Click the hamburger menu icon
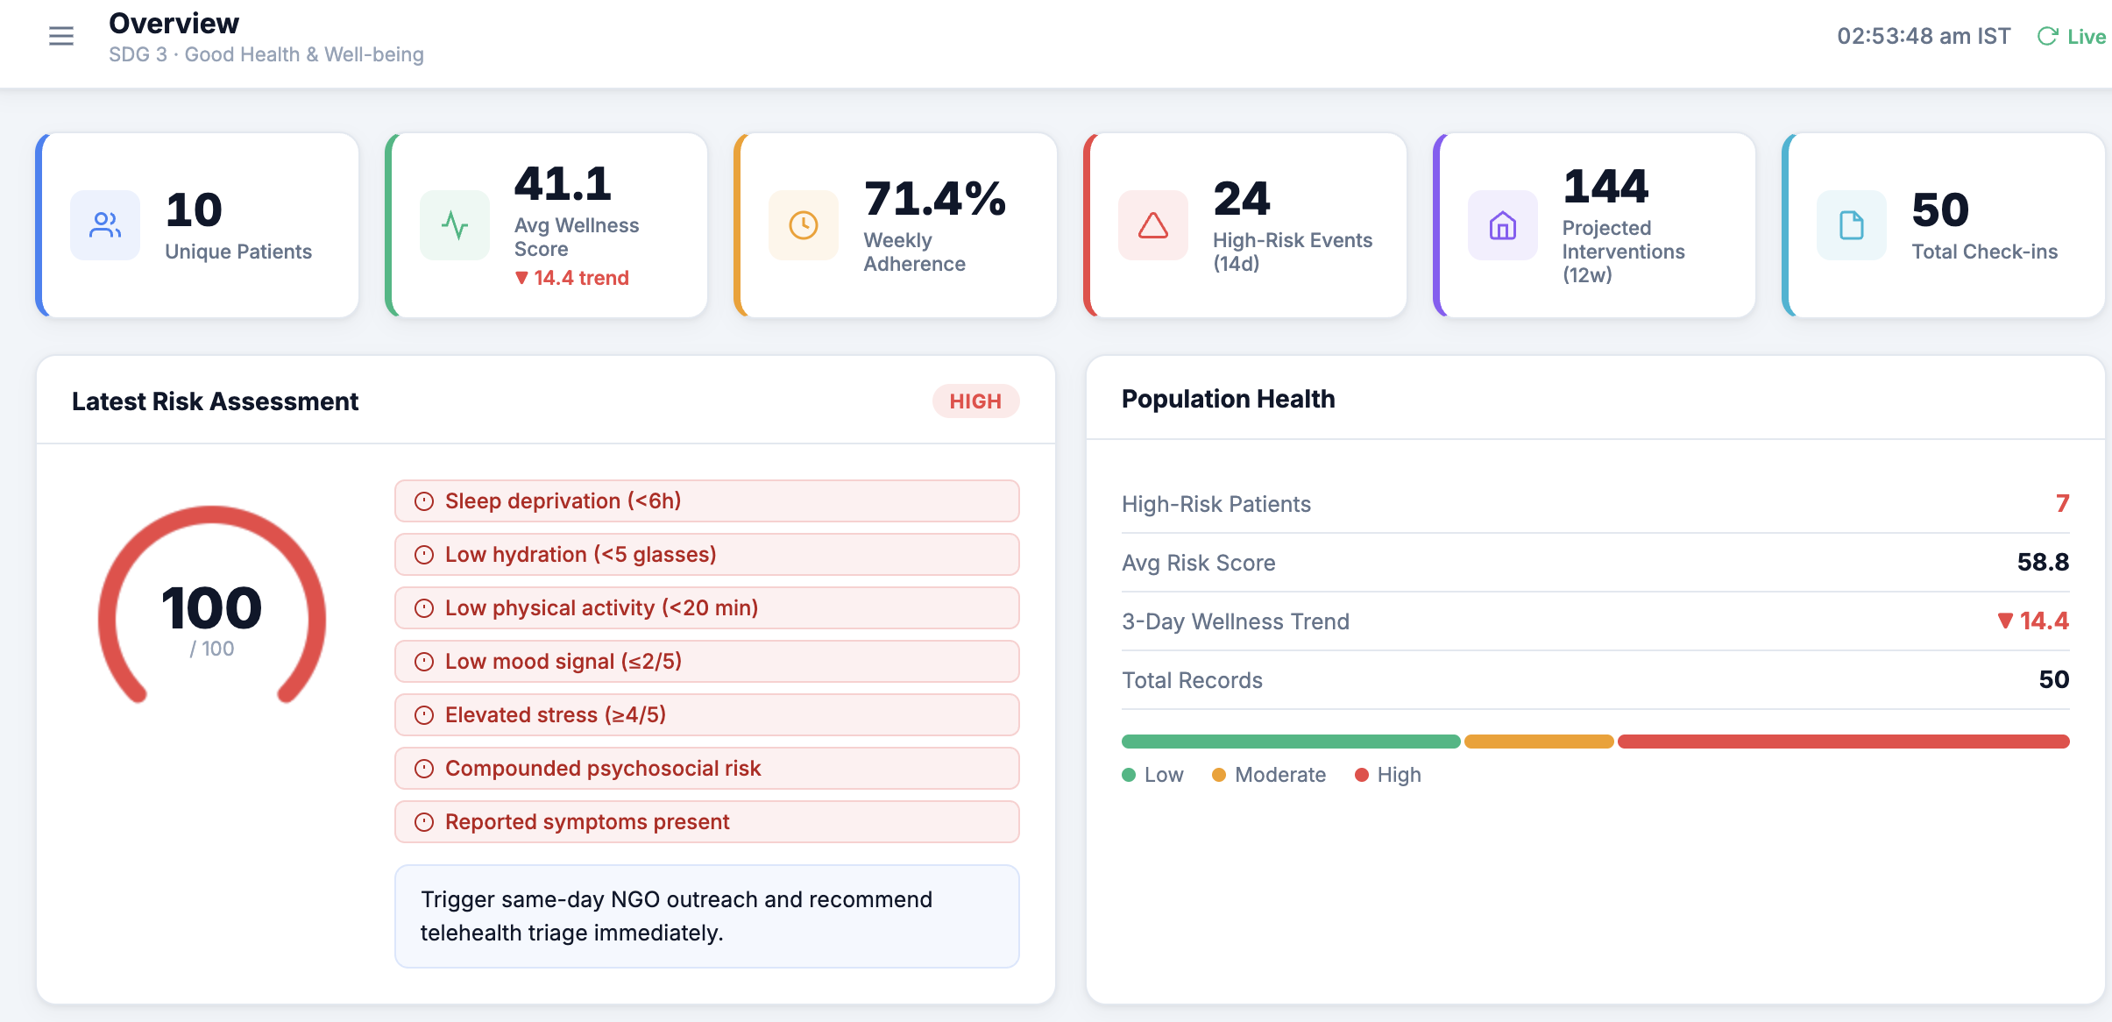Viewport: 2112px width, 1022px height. coord(61,36)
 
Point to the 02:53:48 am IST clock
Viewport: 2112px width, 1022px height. coord(1924,37)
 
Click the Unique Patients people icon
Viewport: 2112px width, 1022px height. coord(105,225)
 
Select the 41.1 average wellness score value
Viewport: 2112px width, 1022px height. coord(563,184)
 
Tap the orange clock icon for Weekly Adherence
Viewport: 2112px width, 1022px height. coord(803,225)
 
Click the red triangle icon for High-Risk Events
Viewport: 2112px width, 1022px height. coord(1152,225)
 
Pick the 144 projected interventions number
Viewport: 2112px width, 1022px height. coord(1605,187)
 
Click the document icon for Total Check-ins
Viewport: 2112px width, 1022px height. coord(1851,225)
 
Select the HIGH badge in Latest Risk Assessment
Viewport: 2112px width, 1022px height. coord(975,401)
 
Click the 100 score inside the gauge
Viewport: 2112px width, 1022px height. coord(212,608)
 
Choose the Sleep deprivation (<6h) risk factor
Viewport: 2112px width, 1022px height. coord(706,501)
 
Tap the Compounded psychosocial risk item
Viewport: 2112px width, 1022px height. coord(706,769)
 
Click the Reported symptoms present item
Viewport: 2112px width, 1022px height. coord(706,822)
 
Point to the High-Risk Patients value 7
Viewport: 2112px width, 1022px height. coord(2062,503)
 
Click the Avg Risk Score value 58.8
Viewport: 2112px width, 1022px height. coord(2043,562)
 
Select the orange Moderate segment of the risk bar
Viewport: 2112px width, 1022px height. coord(1538,742)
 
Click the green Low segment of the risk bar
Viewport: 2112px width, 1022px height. coord(1290,742)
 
